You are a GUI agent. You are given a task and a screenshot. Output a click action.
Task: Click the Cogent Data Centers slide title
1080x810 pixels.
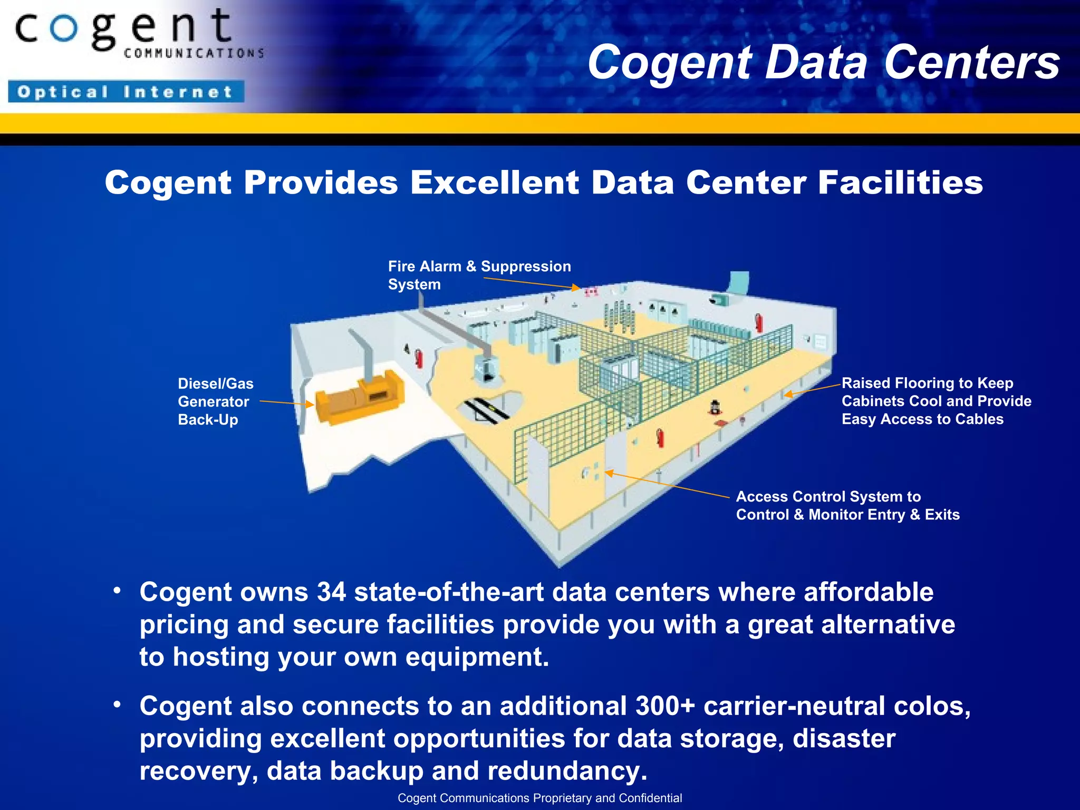point(823,62)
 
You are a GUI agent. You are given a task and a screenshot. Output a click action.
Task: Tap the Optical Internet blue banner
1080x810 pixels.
point(126,92)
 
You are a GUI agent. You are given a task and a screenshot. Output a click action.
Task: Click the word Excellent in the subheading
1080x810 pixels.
point(495,183)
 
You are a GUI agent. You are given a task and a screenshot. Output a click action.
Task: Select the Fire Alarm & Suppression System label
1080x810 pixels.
point(479,275)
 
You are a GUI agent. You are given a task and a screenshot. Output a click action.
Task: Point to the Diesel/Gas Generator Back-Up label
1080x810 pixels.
point(215,401)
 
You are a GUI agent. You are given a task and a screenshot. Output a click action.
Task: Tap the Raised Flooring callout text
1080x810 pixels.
point(936,401)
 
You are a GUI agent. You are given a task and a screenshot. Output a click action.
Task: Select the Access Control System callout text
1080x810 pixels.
point(847,505)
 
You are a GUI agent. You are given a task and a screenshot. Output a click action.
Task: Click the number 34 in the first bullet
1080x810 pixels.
point(331,592)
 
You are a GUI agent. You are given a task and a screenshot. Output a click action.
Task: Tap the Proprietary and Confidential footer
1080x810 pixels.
point(539,798)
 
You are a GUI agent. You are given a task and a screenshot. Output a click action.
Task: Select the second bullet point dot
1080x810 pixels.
point(117,704)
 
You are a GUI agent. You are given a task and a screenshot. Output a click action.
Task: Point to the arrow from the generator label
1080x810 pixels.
point(286,403)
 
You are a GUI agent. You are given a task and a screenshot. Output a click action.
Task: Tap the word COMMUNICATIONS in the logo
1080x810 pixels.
point(194,53)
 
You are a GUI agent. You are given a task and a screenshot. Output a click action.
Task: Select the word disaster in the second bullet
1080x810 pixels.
point(844,738)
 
